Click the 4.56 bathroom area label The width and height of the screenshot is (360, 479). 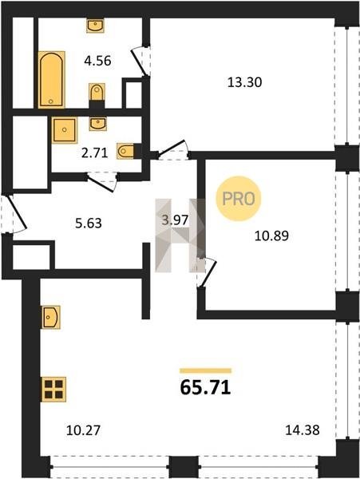tap(97, 61)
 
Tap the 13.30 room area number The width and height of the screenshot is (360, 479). tap(244, 82)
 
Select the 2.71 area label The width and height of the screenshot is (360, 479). tap(95, 152)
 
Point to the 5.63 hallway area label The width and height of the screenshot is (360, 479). tap(89, 224)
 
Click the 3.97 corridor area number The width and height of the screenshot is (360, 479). tap(175, 220)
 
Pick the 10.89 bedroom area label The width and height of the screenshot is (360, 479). tap(271, 236)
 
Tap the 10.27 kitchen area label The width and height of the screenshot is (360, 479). tap(83, 430)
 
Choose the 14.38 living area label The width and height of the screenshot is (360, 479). tap(303, 430)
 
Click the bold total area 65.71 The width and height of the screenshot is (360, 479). tap(205, 388)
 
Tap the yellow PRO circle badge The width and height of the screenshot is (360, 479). tap(239, 199)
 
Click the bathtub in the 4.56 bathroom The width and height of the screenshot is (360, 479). tap(52, 80)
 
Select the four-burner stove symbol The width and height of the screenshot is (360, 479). tap(53, 390)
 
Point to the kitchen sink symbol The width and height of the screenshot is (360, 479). tap(50, 317)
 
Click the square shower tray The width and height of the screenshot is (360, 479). tap(64, 130)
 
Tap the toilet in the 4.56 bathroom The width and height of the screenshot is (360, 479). tap(97, 92)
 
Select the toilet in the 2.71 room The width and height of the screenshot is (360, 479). tap(125, 151)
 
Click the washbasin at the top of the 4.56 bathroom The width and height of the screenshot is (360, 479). tap(95, 26)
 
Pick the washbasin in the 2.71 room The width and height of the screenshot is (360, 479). tap(97, 124)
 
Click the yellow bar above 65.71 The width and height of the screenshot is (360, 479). tap(205, 371)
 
